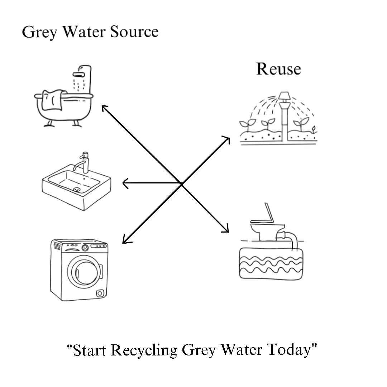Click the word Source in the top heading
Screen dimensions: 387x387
[x=134, y=32]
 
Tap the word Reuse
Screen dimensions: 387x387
[x=278, y=69]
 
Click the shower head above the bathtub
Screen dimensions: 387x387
[x=80, y=75]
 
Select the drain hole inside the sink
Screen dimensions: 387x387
[x=76, y=189]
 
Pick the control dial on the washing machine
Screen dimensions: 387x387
[x=85, y=248]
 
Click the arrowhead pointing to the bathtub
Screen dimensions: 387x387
[x=104, y=107]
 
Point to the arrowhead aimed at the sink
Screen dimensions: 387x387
[x=125, y=184]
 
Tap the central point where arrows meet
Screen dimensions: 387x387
[x=182, y=184]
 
